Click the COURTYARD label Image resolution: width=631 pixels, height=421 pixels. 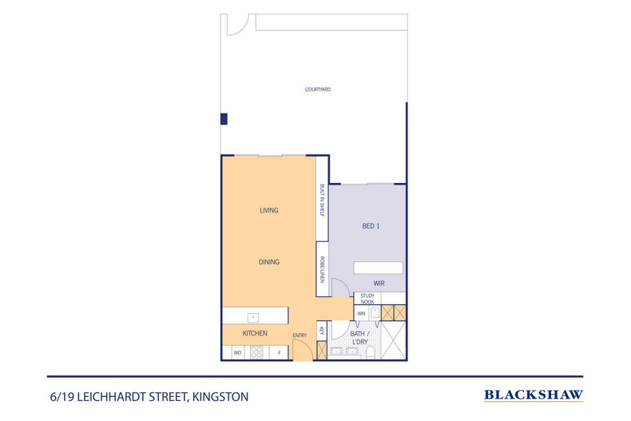[317, 89]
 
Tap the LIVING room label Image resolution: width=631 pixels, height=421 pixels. [268, 211]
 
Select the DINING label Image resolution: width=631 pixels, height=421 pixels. [268, 262]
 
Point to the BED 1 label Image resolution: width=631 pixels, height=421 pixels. [371, 226]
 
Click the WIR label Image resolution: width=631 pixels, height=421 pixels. [380, 283]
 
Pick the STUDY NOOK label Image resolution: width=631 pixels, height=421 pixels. [367, 299]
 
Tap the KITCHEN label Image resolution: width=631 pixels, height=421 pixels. [255, 333]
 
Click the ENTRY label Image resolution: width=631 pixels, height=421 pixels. [300, 335]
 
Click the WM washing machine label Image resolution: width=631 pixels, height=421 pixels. [361, 314]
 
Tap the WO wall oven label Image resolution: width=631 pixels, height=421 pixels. [237, 351]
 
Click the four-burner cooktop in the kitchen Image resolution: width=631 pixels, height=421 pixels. [257, 351]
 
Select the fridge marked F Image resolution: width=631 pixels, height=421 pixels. [280, 351]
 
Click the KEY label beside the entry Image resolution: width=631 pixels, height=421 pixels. [321, 330]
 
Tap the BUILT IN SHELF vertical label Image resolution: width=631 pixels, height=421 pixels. [322, 200]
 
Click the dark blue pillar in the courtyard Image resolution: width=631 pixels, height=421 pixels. [224, 119]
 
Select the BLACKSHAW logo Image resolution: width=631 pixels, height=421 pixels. [534, 395]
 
